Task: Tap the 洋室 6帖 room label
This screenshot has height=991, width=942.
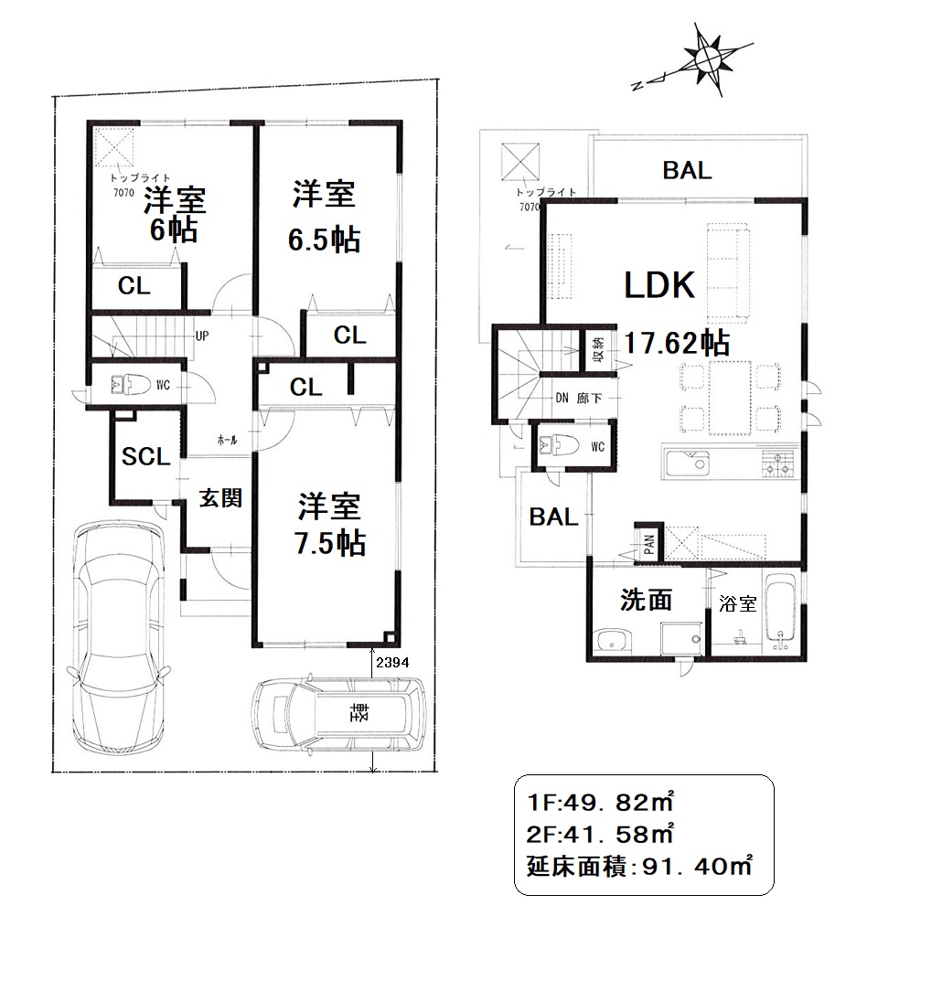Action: pos(174,215)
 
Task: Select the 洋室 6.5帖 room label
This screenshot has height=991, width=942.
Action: pos(325,217)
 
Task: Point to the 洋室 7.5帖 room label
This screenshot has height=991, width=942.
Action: pos(329,525)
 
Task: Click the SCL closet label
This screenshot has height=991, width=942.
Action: pos(146,456)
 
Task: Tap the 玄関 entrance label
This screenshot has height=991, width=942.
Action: pos(220,498)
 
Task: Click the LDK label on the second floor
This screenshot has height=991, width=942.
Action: pos(659,285)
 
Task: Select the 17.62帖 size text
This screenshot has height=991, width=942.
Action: pos(677,343)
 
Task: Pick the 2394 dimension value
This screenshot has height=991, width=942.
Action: pos(392,663)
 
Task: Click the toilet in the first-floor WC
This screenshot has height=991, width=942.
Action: pos(131,384)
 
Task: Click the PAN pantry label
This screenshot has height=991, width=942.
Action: pos(649,544)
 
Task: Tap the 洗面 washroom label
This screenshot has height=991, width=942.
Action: pos(646,600)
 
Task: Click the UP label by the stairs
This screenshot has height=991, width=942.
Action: pos(202,336)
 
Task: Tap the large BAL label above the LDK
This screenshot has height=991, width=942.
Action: pos(687,170)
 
